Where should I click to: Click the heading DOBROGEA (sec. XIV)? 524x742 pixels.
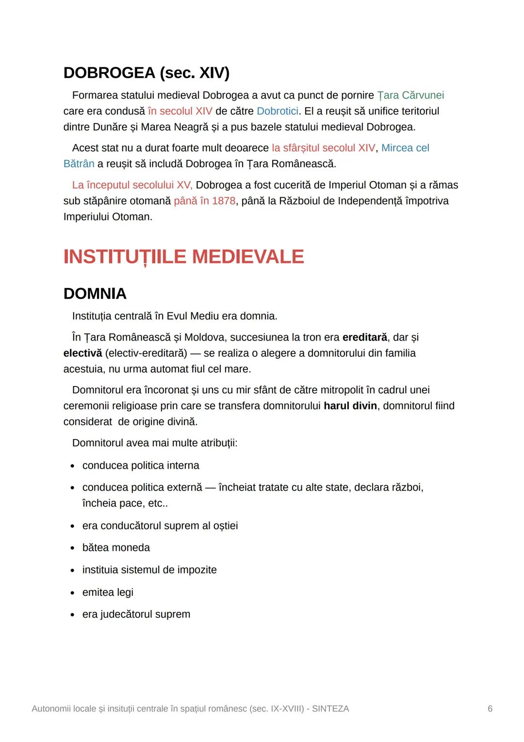click(x=146, y=73)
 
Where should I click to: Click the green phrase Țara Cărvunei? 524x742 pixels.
click(x=410, y=95)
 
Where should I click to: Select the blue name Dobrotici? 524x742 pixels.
click(x=277, y=111)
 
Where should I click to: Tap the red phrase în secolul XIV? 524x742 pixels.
click(x=180, y=111)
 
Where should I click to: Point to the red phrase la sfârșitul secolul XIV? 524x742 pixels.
click(x=323, y=148)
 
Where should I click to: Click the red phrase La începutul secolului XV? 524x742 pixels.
click(x=132, y=185)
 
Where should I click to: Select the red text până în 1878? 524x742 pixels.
click(x=204, y=201)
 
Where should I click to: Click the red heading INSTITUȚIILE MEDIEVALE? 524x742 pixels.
click(x=183, y=257)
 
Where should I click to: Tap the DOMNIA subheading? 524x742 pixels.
click(x=95, y=294)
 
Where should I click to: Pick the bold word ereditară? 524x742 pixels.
click(x=364, y=337)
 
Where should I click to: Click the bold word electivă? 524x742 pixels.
click(x=82, y=353)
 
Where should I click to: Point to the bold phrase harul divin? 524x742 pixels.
click(x=350, y=406)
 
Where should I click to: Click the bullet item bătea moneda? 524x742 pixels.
click(x=116, y=548)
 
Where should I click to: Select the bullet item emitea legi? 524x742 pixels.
click(x=108, y=592)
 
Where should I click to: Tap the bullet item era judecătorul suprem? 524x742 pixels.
click(x=136, y=614)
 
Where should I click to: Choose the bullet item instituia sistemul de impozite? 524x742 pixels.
click(x=149, y=570)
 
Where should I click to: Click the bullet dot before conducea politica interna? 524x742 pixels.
click(x=72, y=466)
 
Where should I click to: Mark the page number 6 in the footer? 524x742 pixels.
click(x=490, y=709)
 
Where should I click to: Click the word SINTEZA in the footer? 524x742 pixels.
click(x=330, y=709)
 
